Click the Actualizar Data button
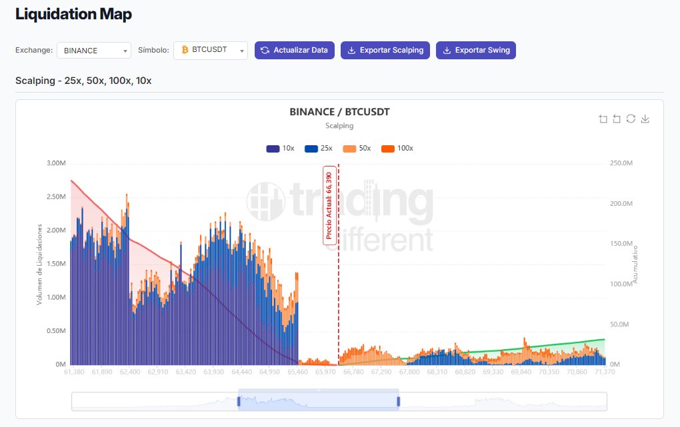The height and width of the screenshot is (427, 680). (295, 50)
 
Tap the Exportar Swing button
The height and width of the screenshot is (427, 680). (476, 50)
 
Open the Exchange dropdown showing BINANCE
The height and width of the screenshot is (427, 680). (94, 51)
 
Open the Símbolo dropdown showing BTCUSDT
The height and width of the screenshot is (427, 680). (211, 51)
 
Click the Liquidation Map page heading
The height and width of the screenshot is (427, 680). (73, 14)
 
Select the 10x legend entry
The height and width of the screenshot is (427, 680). (281, 148)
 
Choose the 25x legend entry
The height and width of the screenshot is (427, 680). (319, 148)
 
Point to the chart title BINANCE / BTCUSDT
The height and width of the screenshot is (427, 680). (339, 112)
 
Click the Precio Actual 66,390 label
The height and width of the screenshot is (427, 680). (329, 205)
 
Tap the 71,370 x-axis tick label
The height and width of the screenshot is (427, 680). (604, 372)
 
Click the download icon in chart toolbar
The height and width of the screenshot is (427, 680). (645, 119)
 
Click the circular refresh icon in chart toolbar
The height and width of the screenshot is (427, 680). (631, 119)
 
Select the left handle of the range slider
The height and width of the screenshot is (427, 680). (239, 401)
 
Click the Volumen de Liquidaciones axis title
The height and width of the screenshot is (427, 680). (40, 264)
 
